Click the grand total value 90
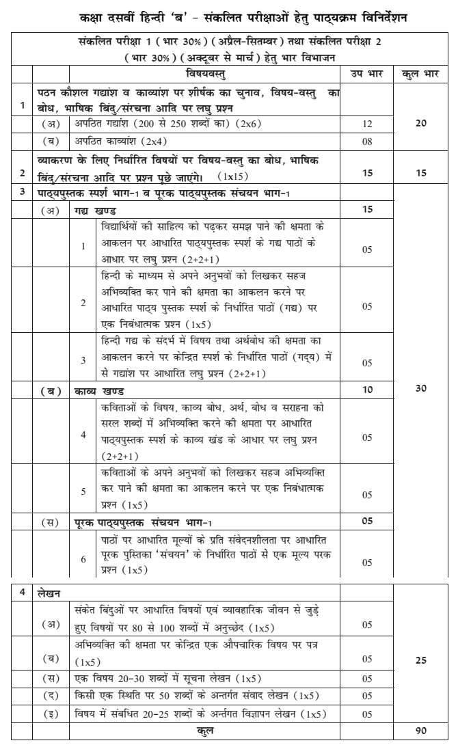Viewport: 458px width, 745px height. pos(422,730)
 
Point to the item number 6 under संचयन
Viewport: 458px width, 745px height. pos(83,558)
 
